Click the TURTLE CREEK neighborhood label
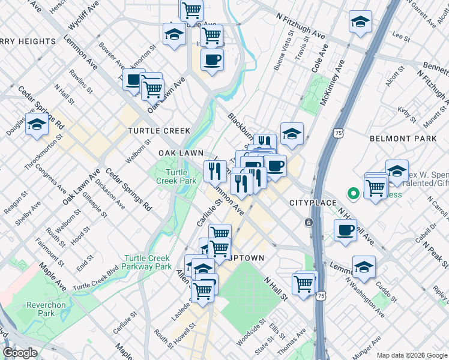pyautogui.click(x=159, y=130)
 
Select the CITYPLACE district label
pyautogui.click(x=313, y=203)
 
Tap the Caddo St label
pyautogui.click(x=390, y=289)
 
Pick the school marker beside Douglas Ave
pyautogui.click(x=37, y=124)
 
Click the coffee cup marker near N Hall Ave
pyautogui.click(x=345, y=230)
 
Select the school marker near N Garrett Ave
pyautogui.click(x=360, y=22)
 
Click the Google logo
pyautogui.click(x=20, y=352)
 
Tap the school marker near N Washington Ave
pyautogui.click(x=364, y=266)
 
